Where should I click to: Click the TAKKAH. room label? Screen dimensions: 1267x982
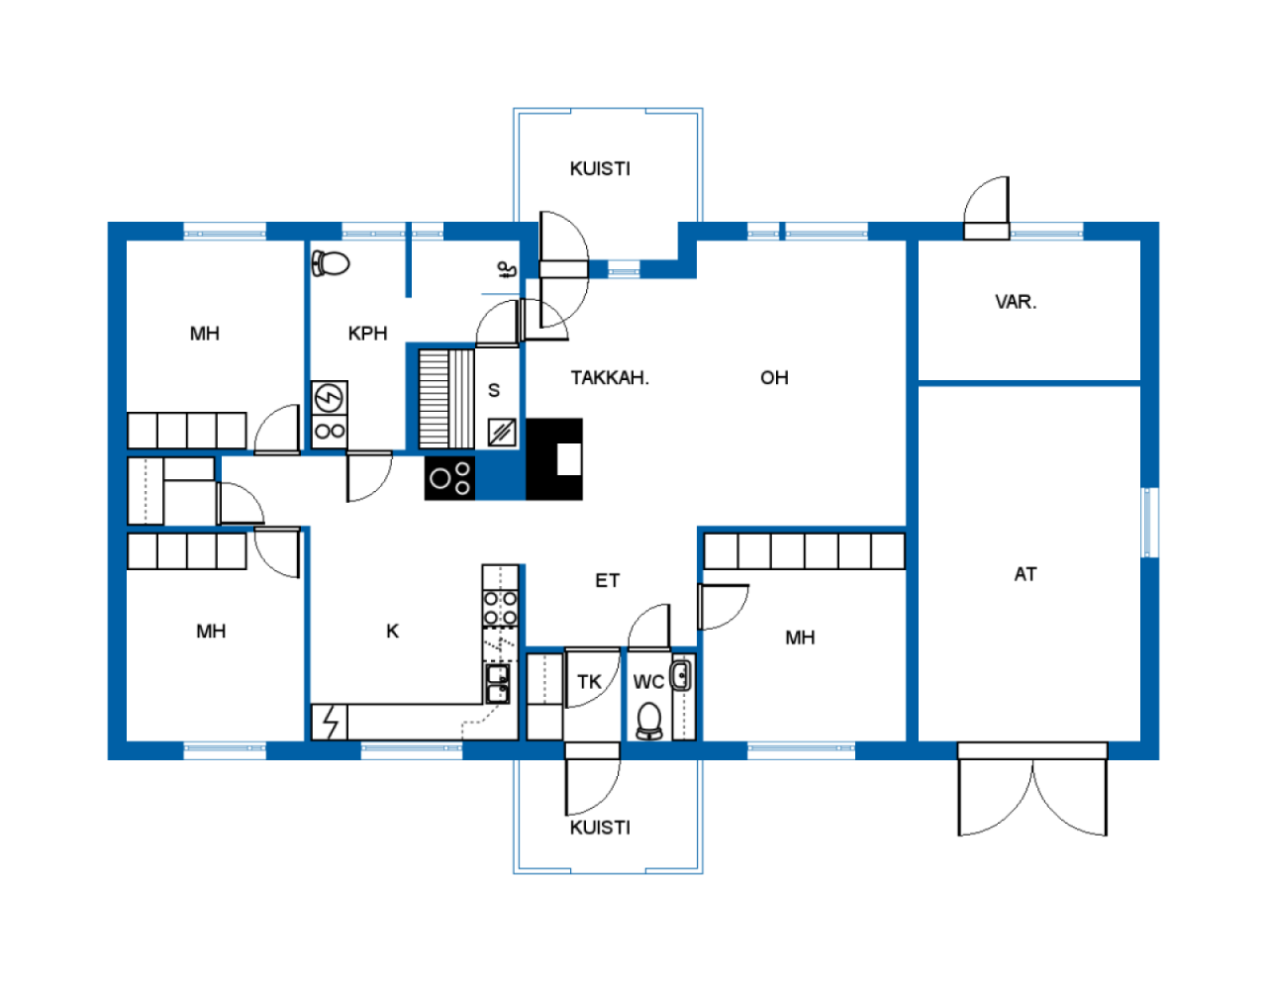[610, 378]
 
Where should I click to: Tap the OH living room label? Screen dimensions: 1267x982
[774, 378]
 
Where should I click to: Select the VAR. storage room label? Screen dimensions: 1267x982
[1016, 302]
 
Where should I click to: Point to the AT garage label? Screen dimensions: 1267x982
[1025, 574]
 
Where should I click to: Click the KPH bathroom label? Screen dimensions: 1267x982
[367, 334]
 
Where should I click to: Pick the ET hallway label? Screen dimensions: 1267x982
[607, 581]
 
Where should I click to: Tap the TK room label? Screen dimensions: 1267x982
[589, 682]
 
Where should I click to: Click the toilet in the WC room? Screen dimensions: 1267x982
[648, 721]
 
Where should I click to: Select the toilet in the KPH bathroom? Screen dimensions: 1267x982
[330, 263]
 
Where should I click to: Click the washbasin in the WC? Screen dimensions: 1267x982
[680, 676]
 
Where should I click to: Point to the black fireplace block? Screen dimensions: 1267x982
[554, 459]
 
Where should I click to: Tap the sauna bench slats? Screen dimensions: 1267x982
[446, 399]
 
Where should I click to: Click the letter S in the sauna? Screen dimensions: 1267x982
[494, 390]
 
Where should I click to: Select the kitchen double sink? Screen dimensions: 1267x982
[497, 684]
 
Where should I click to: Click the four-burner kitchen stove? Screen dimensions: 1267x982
[500, 608]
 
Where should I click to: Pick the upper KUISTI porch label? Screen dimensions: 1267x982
[600, 169]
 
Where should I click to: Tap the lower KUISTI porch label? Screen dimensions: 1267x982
[600, 828]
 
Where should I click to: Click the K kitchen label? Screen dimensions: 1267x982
[392, 631]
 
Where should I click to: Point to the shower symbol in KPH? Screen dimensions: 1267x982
[507, 270]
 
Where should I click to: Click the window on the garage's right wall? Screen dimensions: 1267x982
[1150, 523]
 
